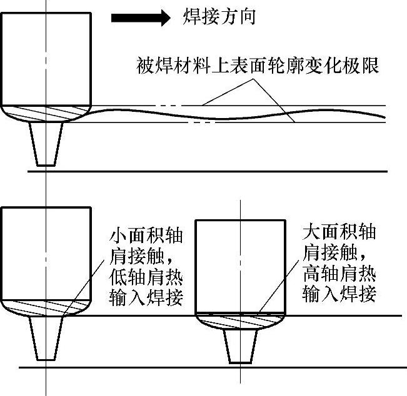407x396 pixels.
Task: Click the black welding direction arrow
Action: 140,18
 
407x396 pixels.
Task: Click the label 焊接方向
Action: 219,17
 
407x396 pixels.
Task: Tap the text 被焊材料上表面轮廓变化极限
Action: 257,66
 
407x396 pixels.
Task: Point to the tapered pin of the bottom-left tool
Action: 46,338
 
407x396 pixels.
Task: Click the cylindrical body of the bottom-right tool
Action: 241,265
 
